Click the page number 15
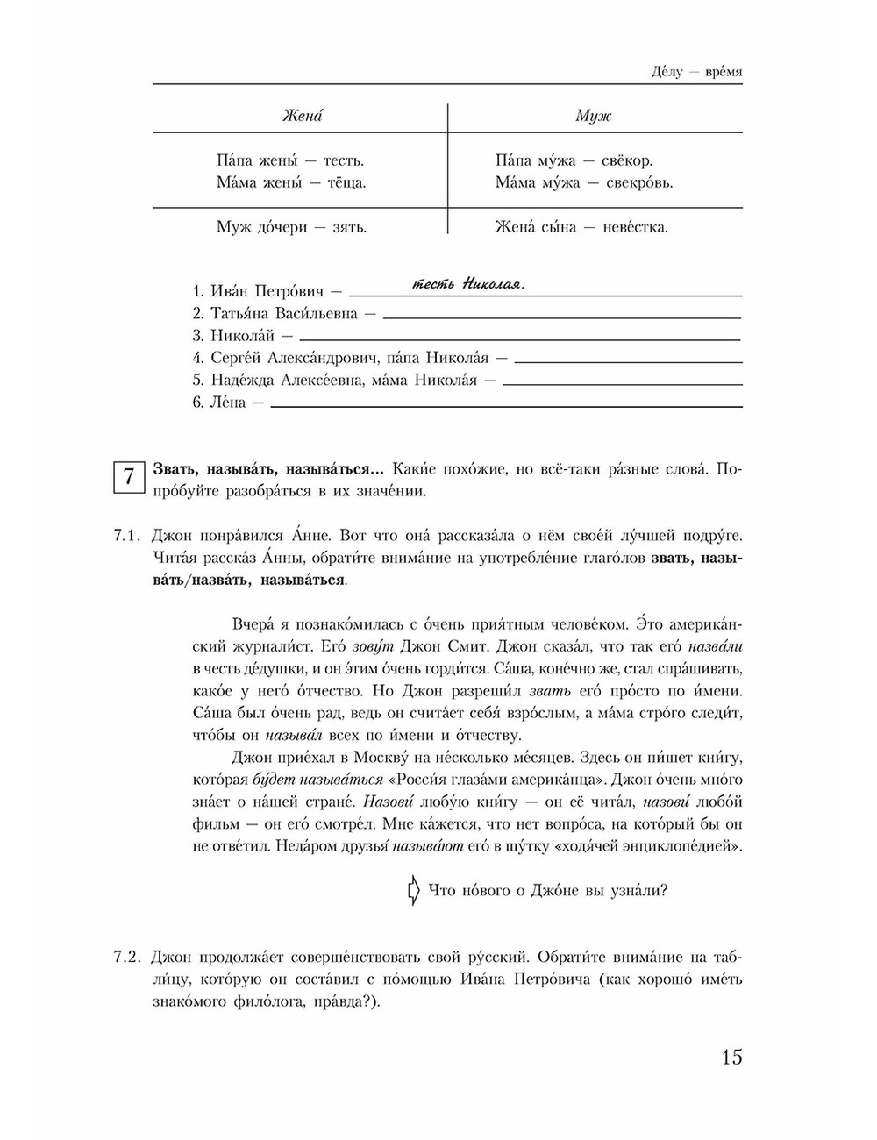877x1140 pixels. tap(731, 1057)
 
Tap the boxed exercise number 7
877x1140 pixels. tap(128, 479)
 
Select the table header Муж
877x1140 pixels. tap(593, 117)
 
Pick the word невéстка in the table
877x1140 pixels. tap(631, 227)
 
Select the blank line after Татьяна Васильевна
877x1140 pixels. tap(561, 317)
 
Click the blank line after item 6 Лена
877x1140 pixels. tap(506, 406)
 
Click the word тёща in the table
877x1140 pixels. tap(346, 183)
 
